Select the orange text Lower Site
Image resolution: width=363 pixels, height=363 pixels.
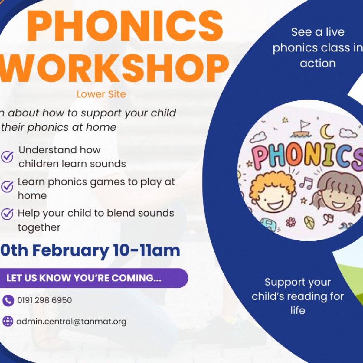coord(101,94)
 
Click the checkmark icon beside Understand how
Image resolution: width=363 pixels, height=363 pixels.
coord(7,156)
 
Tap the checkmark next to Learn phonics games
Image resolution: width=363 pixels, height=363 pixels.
coord(7,187)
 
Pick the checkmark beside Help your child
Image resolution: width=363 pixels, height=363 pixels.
coord(7,214)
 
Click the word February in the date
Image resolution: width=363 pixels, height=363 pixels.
coord(70,251)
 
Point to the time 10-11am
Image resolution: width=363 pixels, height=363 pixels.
coord(146,251)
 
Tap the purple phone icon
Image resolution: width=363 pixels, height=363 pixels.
coord(8,300)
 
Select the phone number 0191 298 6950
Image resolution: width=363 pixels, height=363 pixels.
coord(44,300)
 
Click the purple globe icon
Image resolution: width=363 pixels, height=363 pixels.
coord(8,321)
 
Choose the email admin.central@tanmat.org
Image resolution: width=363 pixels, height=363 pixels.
coord(71,322)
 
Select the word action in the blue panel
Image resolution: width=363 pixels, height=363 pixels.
coord(318,63)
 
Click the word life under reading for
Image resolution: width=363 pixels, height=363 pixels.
coord(298,310)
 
